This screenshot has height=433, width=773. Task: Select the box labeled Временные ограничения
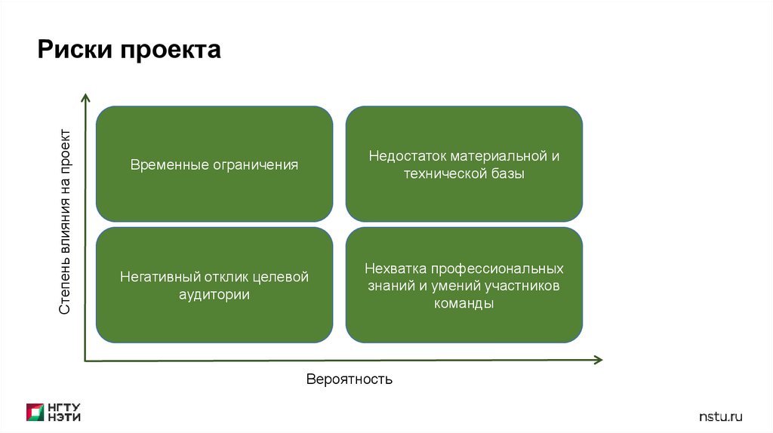214,164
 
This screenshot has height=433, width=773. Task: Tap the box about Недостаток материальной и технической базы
463,164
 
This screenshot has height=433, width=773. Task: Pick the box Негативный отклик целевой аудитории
214,285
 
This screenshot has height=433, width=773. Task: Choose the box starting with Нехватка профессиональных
463,285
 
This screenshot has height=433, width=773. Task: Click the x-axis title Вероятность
350,379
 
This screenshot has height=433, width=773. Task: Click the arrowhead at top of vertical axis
85,98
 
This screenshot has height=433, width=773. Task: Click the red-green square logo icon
35,412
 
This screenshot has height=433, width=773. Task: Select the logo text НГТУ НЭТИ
64,412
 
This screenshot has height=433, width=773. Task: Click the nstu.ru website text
721,416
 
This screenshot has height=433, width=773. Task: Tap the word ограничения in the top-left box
255,164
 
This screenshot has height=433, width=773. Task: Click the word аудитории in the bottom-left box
214,295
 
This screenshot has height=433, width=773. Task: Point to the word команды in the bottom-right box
463,304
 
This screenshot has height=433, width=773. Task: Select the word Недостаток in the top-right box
408,156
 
